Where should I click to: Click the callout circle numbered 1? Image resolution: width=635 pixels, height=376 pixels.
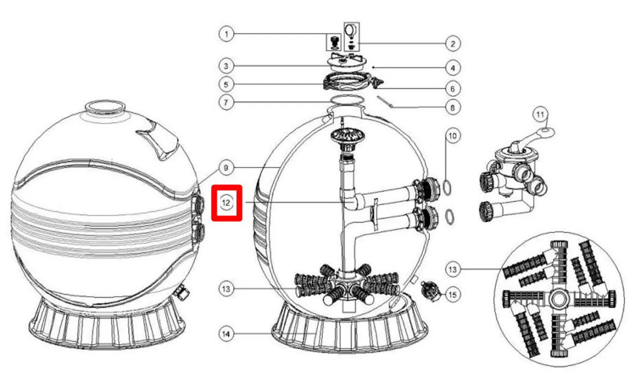pyautogui.click(x=226, y=34)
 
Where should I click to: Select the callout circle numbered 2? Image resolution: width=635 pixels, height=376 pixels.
pyautogui.click(x=452, y=44)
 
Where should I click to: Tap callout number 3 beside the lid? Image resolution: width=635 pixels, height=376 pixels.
pyautogui.click(x=226, y=65)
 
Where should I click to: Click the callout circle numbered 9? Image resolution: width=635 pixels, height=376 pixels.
pyautogui.click(x=226, y=168)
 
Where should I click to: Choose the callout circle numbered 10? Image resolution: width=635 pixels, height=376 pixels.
pyautogui.click(x=452, y=136)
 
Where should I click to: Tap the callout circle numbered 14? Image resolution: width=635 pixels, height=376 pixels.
pyautogui.click(x=226, y=334)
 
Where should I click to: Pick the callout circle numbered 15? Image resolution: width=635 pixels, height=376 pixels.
pyautogui.click(x=452, y=294)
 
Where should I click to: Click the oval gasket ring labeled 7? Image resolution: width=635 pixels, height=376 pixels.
pyautogui.click(x=347, y=100)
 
